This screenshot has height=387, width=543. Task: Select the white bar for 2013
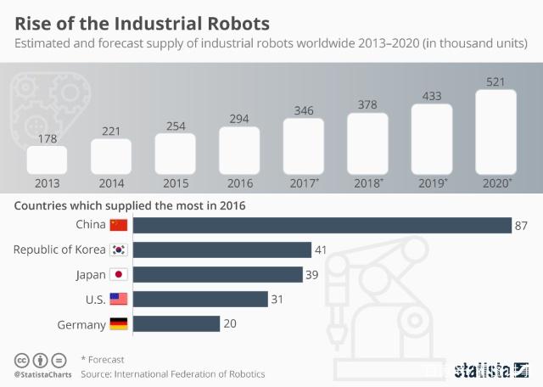(46, 160)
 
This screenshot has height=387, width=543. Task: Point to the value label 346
(303, 109)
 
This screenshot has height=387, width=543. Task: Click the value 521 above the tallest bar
(496, 81)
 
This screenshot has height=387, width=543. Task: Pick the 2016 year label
(239, 182)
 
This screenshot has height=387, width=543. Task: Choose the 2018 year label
(368, 182)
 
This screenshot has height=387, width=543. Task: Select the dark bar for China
(322, 225)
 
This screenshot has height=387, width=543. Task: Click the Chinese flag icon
(119, 225)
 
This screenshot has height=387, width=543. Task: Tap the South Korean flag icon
(119, 250)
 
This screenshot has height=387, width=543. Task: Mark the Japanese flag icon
(119, 274)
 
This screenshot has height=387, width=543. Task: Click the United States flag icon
(119, 299)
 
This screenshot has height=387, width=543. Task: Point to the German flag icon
(119, 323)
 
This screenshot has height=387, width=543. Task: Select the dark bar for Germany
(176, 323)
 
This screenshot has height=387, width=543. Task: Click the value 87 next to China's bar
(523, 225)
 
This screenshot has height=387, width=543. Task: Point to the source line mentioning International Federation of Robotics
(173, 373)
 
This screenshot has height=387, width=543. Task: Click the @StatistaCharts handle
(42, 373)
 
